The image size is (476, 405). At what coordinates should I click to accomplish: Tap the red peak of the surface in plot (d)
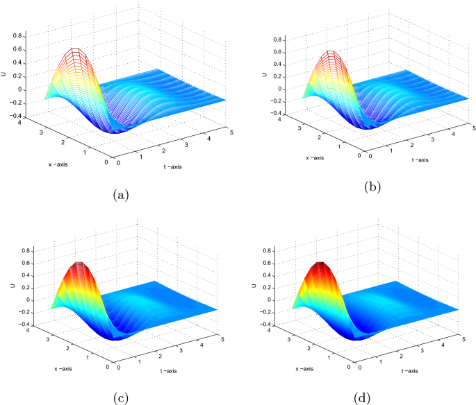[320, 266]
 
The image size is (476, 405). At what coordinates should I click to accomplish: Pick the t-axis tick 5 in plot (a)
[227, 128]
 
